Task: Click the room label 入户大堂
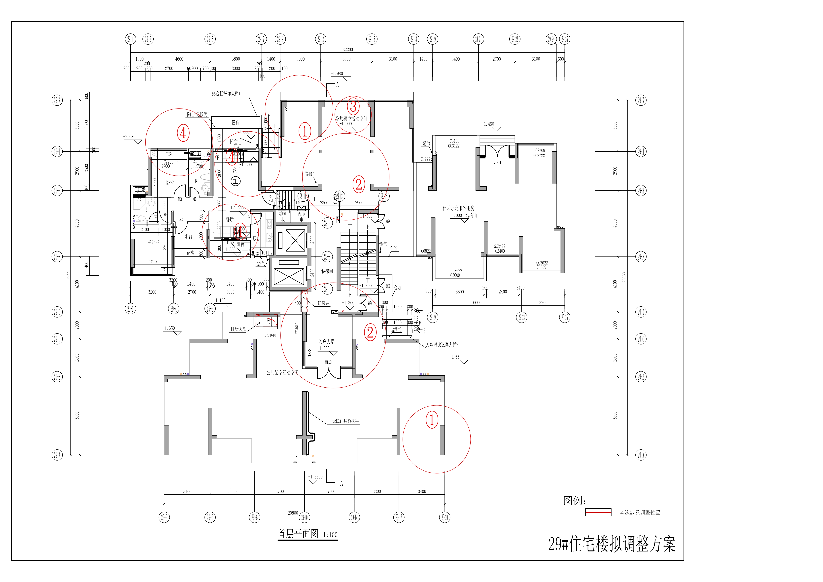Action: pos(326,342)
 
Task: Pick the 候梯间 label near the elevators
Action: pos(327,271)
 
